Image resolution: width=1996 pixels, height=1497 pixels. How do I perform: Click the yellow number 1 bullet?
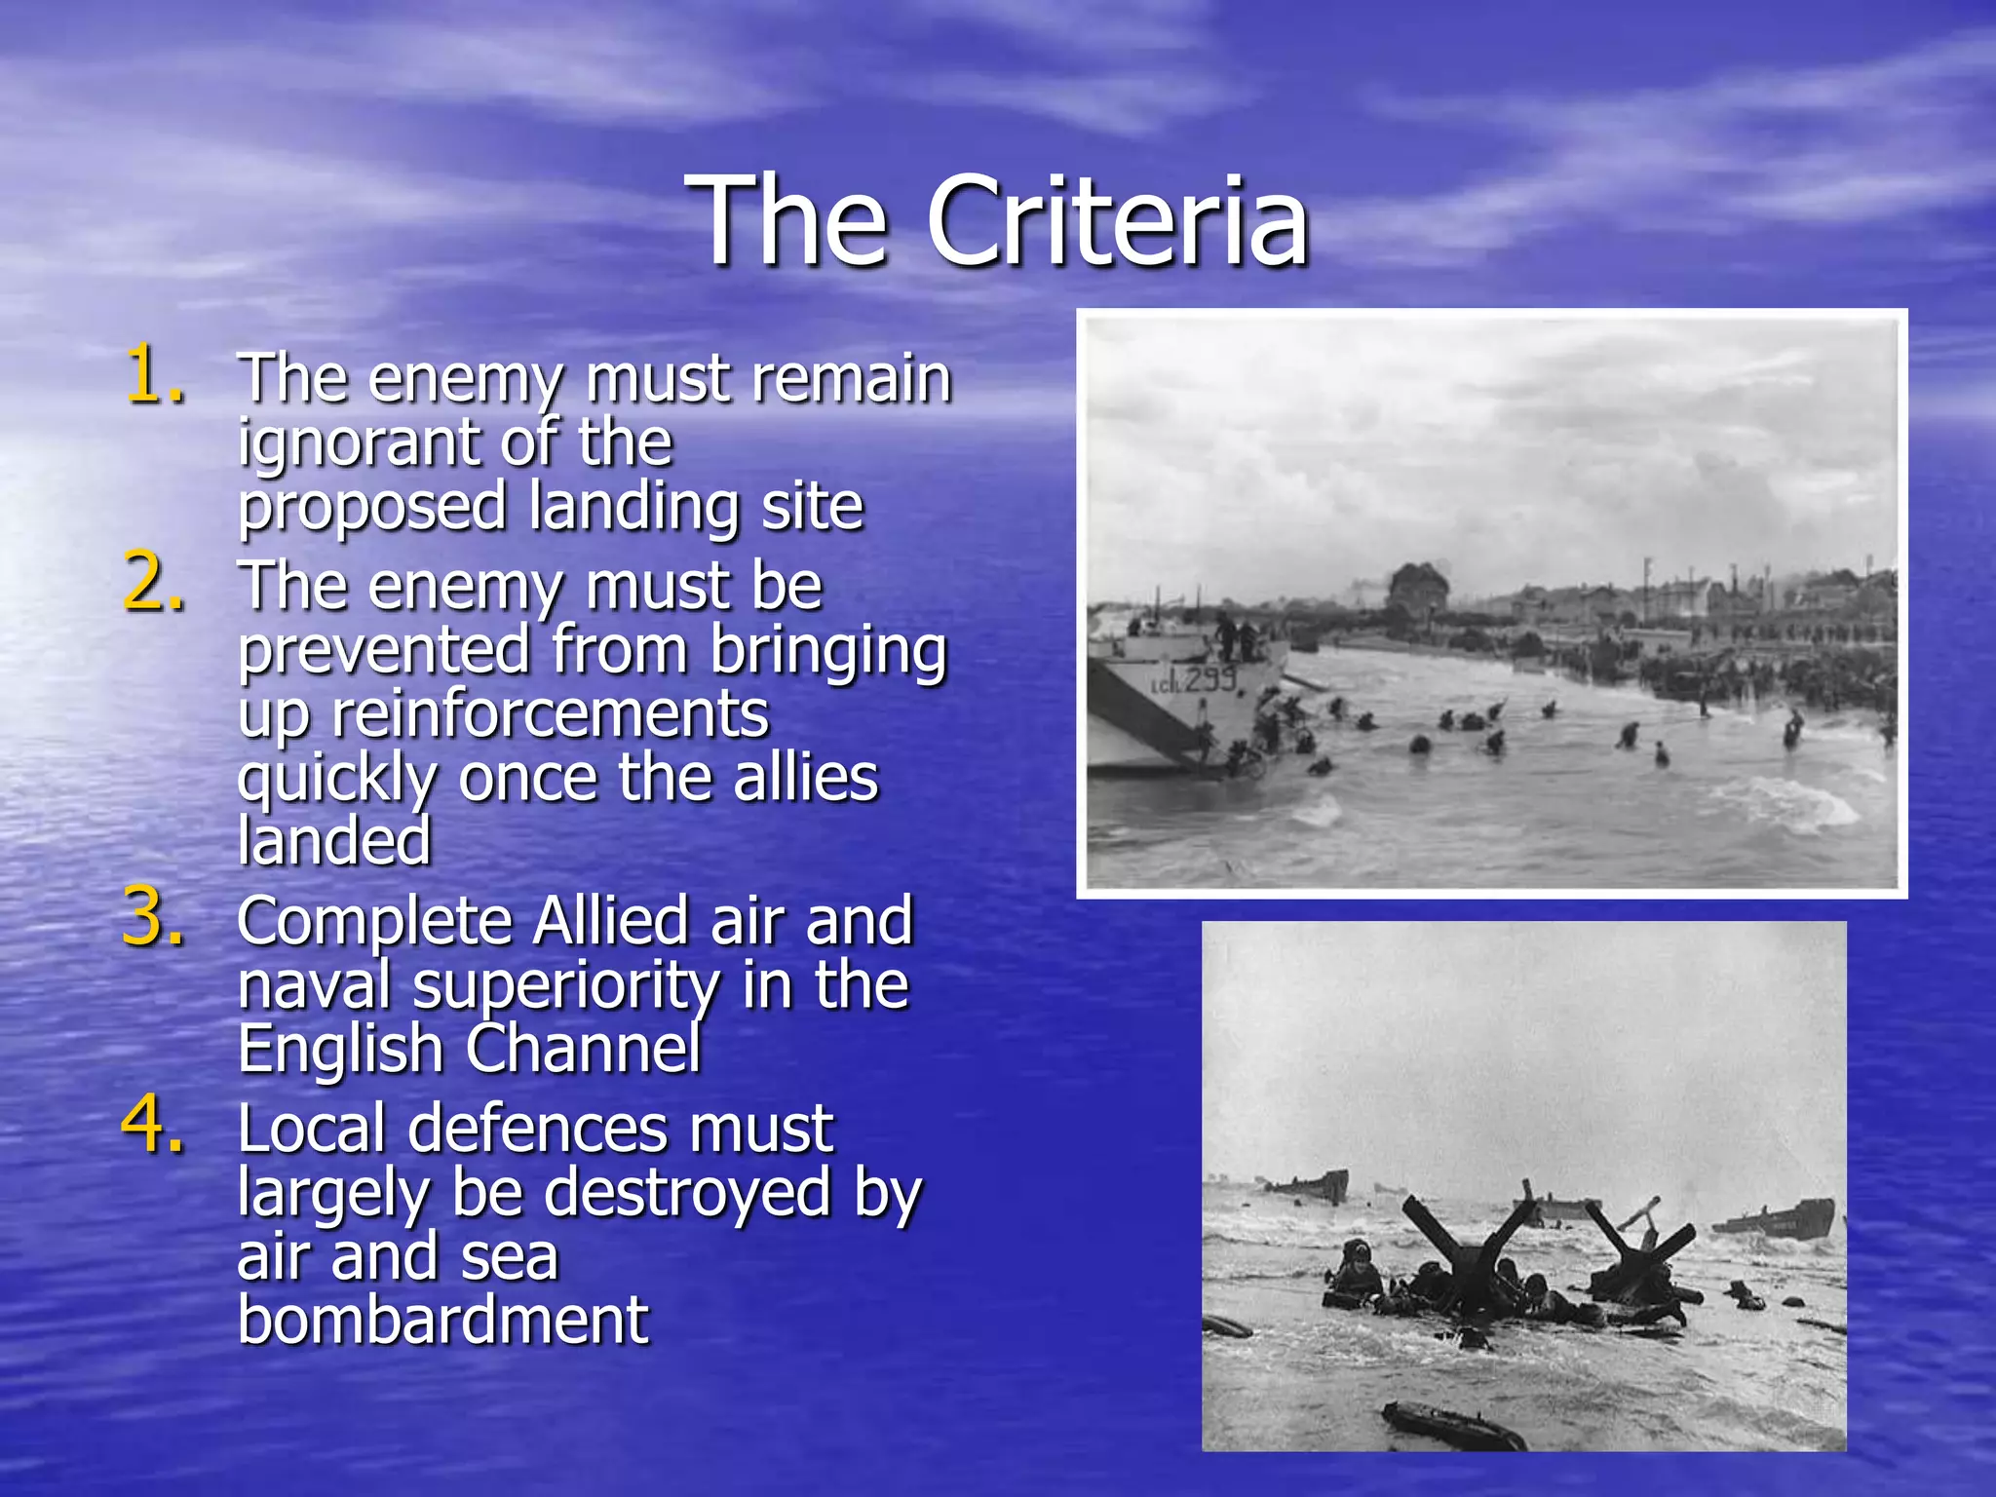click(153, 374)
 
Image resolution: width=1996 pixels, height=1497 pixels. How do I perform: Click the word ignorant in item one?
click(356, 444)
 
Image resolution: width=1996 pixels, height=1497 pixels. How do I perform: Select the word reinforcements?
click(550, 713)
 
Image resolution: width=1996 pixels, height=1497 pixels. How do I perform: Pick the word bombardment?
click(443, 1320)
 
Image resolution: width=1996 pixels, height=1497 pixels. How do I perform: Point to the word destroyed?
click(686, 1193)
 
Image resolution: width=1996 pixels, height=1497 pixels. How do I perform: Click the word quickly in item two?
click(336, 780)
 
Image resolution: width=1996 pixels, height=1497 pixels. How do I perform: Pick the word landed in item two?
click(334, 841)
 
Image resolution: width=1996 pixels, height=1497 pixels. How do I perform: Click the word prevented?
click(384, 650)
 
